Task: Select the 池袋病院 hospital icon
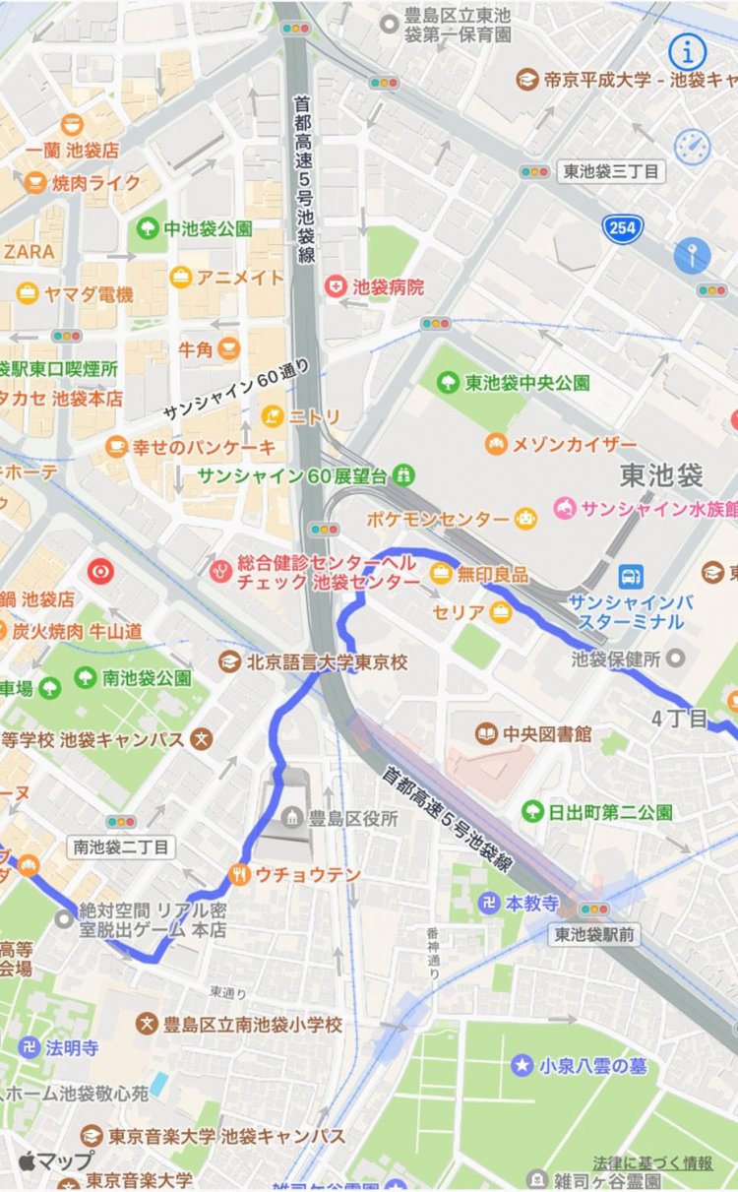pos(337,286)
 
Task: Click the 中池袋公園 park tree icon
pos(148,228)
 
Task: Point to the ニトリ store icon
pos(272,417)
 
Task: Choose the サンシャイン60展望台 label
pos(292,476)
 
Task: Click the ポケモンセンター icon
pos(527,519)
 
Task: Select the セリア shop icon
pos(502,612)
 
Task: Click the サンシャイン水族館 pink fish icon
pos(565,509)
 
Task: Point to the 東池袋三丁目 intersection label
pos(610,171)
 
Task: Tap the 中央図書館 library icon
pos(486,733)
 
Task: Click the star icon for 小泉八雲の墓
pos(521,1065)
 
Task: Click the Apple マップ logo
pos(55,1160)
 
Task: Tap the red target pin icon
pos(100,570)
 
